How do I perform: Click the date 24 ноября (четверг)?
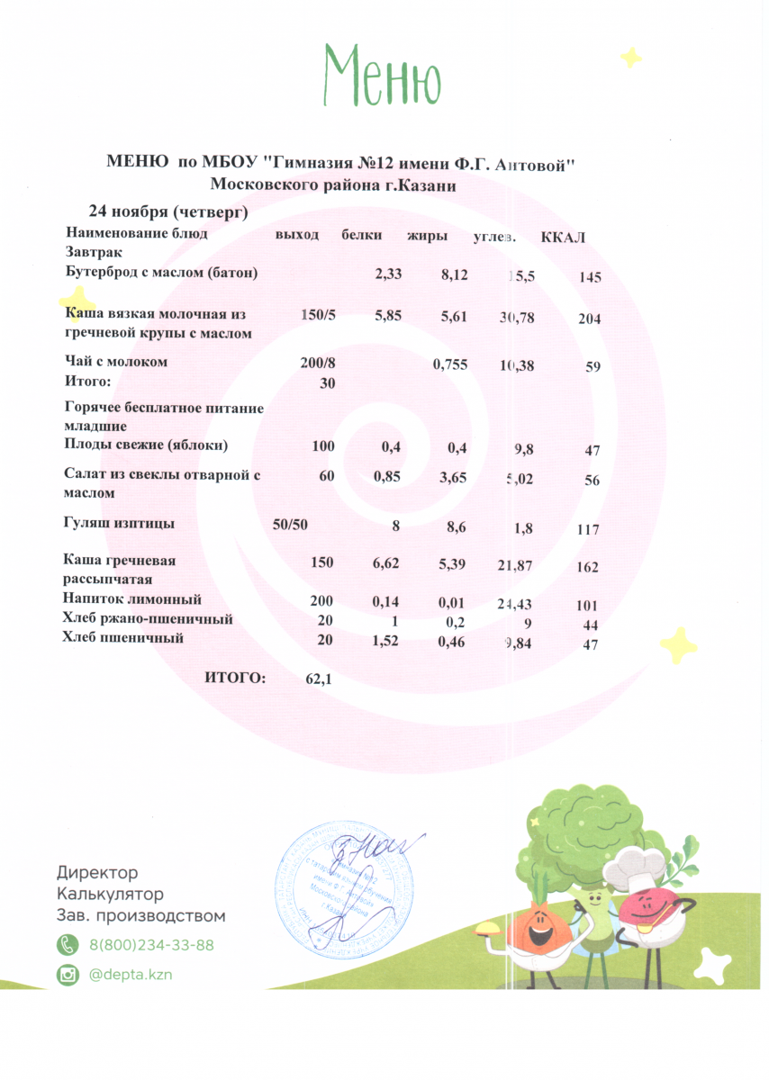coord(167,212)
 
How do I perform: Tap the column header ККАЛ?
coord(564,238)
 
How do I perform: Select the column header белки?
coord(362,235)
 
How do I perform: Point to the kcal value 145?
coord(591,278)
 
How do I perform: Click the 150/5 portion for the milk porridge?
coord(317,315)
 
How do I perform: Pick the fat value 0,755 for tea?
coord(449,364)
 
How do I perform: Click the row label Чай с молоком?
coord(117,362)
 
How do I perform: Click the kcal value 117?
coord(588,530)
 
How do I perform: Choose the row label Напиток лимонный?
coord(132,598)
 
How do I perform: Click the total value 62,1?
coord(320,679)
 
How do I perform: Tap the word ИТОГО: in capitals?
coord(235,678)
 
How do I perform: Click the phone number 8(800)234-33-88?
coord(151,945)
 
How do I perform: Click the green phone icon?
coord(68,945)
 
